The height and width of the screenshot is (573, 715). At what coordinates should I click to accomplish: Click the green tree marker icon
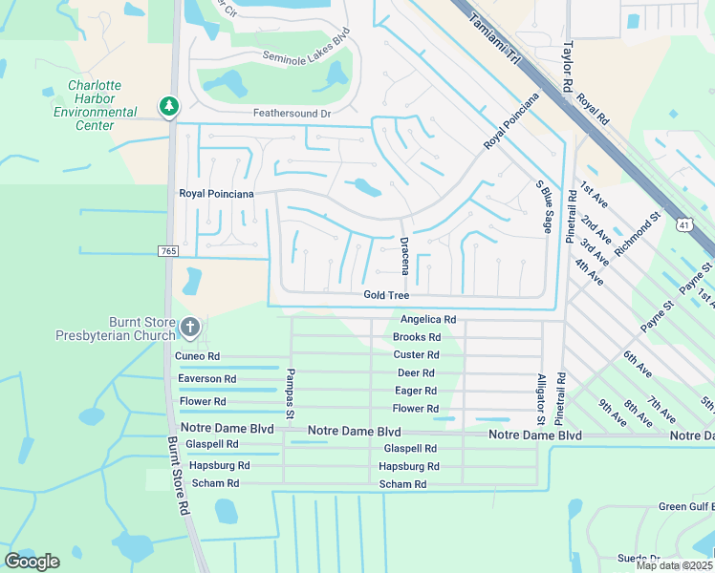169,105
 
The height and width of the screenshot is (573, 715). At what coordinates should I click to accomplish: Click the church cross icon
189,329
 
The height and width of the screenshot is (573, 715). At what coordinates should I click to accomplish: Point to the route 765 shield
168,250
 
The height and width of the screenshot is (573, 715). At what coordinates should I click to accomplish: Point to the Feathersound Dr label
292,113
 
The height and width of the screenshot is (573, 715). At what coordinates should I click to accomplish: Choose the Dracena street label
404,253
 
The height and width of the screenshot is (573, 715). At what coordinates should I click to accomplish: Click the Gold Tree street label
386,295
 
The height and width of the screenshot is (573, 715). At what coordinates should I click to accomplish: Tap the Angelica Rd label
427,320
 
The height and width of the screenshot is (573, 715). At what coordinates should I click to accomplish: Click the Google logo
32,561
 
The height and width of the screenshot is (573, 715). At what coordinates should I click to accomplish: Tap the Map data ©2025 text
674,565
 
